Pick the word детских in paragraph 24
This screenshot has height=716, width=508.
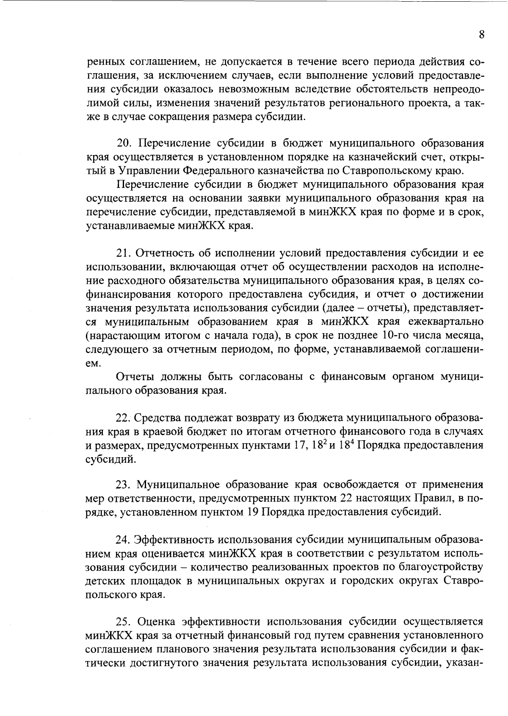coord(103,581)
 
